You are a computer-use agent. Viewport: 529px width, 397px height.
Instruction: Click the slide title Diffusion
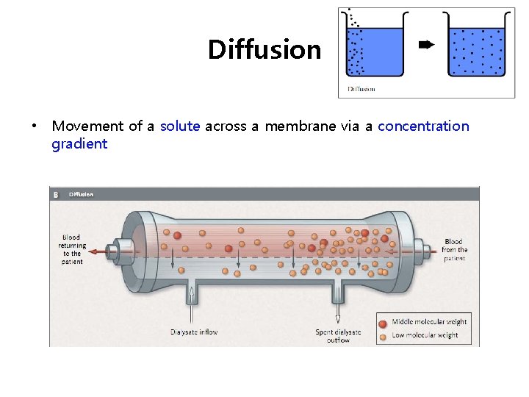264,50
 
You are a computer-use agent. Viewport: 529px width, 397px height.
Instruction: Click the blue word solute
180,126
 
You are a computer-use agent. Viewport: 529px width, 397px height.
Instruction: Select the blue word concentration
423,126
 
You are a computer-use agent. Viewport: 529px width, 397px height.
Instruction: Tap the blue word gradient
79,143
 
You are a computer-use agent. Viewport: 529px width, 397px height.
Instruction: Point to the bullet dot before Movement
34,126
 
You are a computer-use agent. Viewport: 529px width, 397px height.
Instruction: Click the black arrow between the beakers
425,46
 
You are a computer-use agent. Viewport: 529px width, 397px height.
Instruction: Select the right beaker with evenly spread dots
477,50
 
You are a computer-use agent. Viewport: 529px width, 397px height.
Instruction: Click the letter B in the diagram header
56,194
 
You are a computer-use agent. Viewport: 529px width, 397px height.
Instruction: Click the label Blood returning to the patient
72,249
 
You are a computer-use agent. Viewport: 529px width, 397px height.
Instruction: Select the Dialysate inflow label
194,332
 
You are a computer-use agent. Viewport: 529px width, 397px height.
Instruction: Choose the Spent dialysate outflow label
338,336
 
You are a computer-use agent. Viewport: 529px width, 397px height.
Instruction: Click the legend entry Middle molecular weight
429,322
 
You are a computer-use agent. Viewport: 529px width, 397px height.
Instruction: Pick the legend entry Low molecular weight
425,335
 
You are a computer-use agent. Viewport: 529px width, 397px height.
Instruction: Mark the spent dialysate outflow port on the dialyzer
337,290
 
